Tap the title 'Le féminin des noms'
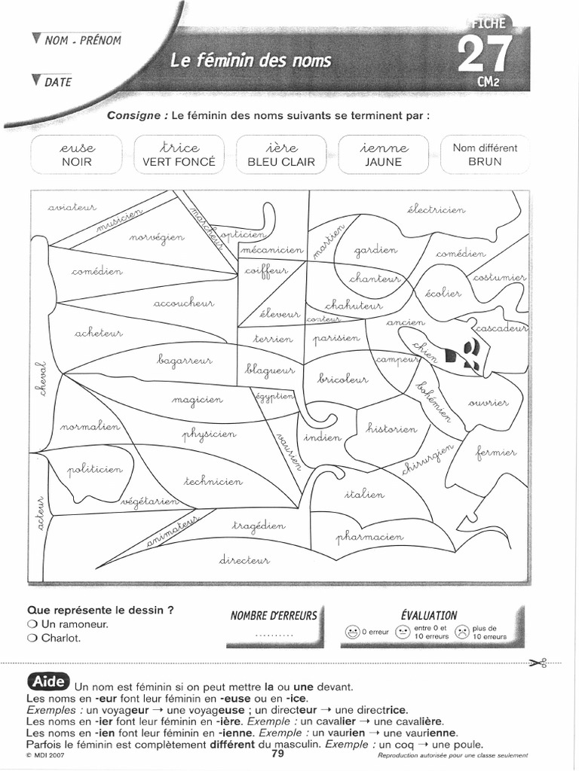point(250,60)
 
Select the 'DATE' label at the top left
point(57,82)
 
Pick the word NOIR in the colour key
point(76,162)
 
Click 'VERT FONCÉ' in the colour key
point(179,162)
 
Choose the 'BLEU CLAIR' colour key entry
point(281,162)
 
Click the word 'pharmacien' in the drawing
point(369,536)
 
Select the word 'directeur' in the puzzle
point(244,559)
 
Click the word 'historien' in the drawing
point(391,428)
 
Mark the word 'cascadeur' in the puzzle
point(500,329)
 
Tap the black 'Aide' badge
point(47,681)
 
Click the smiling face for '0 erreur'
point(351,632)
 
